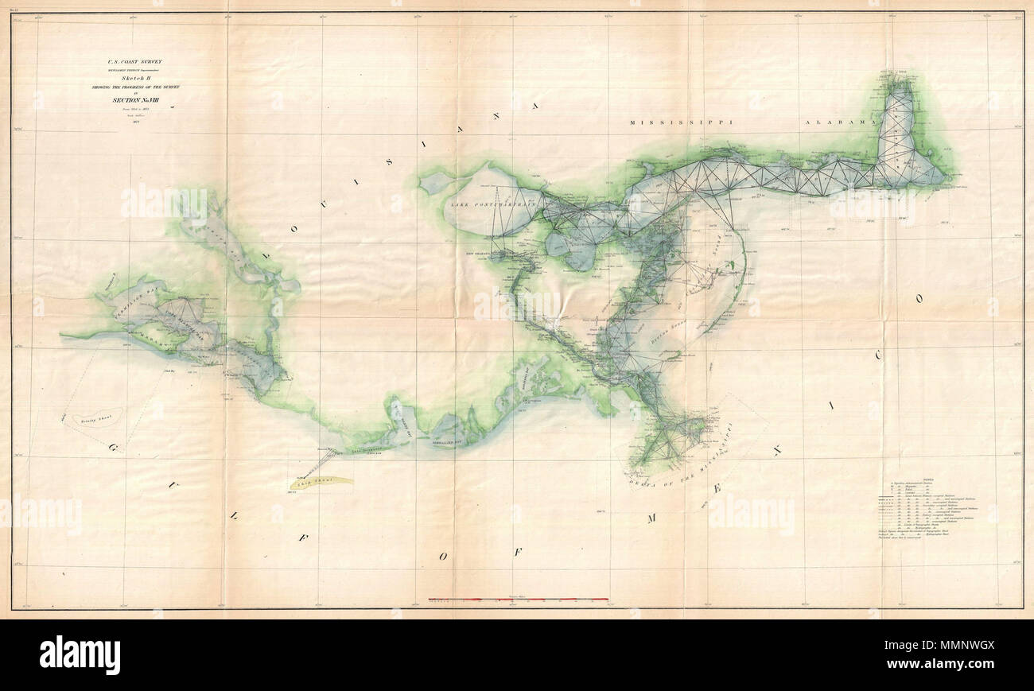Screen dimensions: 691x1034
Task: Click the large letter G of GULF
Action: coord(109,448)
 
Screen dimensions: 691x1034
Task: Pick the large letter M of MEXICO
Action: coord(651,518)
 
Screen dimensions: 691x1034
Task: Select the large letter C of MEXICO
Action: coord(878,356)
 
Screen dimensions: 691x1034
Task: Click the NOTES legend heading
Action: coord(895,472)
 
